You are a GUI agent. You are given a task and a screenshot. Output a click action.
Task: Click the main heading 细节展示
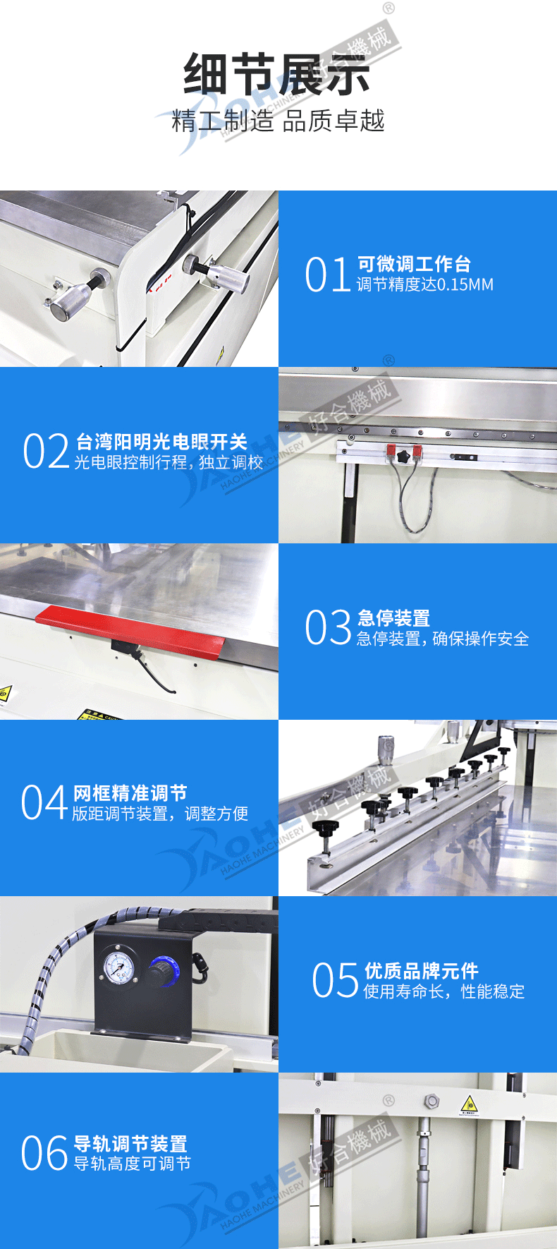click(277, 75)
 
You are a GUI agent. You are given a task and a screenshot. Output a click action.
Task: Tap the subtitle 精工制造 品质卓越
click(278, 121)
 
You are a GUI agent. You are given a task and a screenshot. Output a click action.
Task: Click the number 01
click(328, 274)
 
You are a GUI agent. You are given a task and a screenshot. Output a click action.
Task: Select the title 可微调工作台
click(414, 264)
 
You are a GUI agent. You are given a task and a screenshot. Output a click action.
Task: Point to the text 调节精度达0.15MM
click(425, 284)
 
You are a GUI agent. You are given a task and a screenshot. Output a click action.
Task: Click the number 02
click(46, 451)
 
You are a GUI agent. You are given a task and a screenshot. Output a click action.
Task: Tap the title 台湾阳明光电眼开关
click(161, 442)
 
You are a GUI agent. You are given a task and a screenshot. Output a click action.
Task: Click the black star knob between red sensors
click(405, 457)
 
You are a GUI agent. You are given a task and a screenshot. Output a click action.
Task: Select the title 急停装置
click(393, 618)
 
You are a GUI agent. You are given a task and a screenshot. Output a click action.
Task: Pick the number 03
click(328, 627)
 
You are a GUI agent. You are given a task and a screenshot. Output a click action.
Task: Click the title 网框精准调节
click(130, 793)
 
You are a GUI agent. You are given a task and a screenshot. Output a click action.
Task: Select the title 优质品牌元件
click(421, 971)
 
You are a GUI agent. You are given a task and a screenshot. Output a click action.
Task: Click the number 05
click(336, 981)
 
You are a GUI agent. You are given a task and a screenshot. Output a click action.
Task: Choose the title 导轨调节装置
click(130, 1144)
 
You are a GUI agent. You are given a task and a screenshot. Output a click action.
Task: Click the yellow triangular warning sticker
click(469, 1105)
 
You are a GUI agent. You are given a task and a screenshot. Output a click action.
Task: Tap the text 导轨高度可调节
click(133, 1164)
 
